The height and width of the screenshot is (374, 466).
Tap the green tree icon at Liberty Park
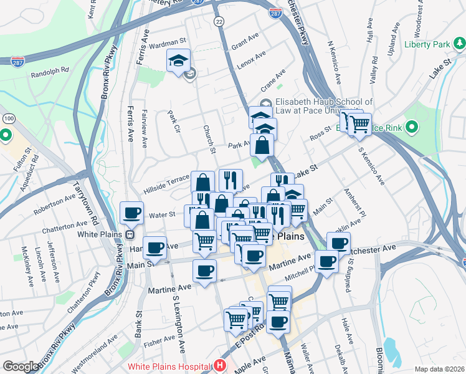pyautogui.click(x=459, y=43)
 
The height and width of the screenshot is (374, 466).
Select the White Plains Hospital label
pyautogui.click(x=168, y=366)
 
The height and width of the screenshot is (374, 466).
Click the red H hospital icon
pyautogui.click(x=219, y=365)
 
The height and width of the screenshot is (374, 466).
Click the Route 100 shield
pyautogui.click(x=9, y=118)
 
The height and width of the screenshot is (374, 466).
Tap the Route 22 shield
pyautogui.click(x=219, y=21)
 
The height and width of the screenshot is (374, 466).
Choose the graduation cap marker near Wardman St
pyautogui.click(x=178, y=61)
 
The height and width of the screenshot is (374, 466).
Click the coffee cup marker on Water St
pyautogui.click(x=132, y=213)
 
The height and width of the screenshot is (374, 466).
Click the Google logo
pyautogui.click(x=21, y=367)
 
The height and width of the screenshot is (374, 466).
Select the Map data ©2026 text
pyautogui.click(x=439, y=369)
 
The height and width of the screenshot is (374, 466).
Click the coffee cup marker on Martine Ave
pyautogui.click(x=204, y=271)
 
